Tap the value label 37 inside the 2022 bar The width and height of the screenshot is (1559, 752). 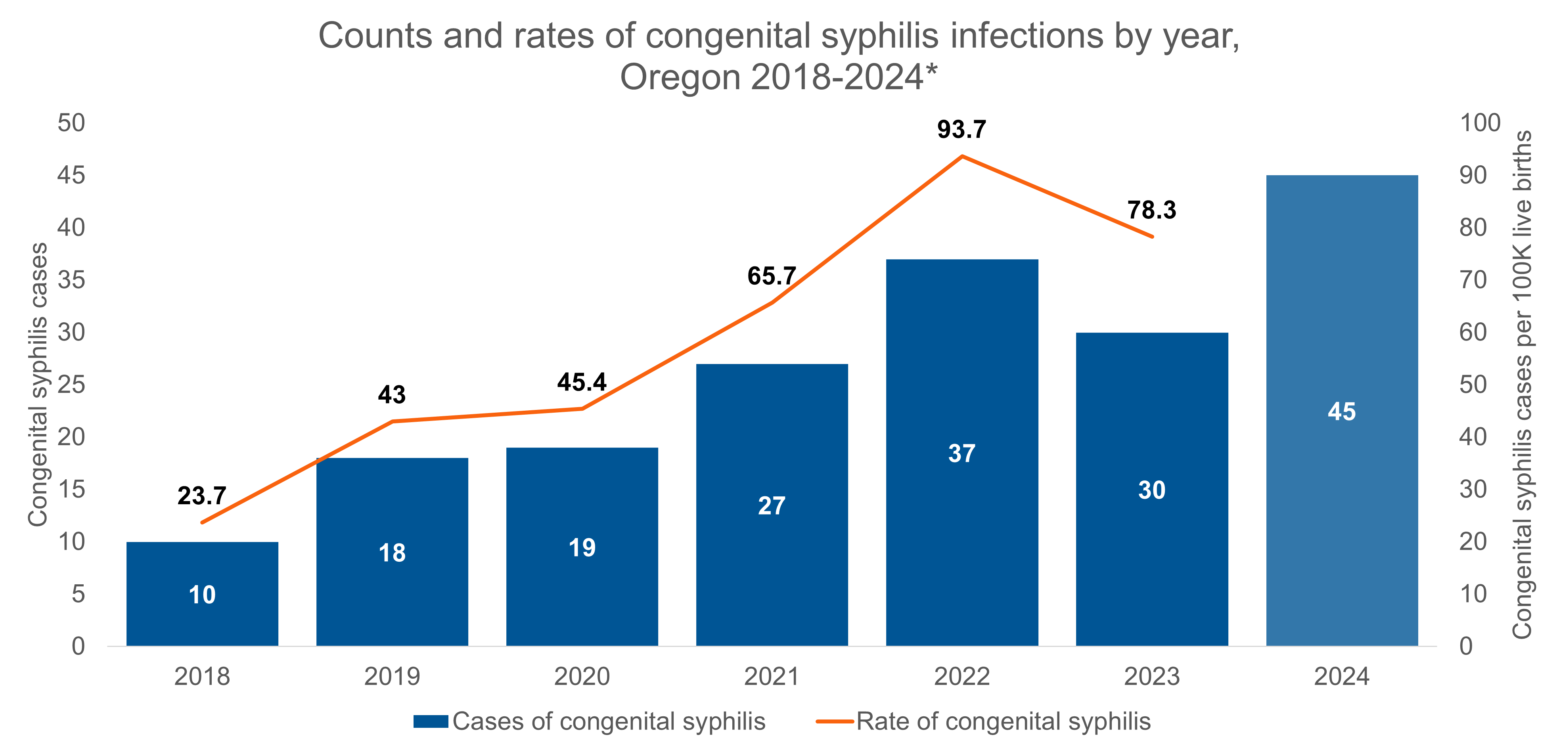[961, 453]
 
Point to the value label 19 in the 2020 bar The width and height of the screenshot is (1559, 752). [582, 547]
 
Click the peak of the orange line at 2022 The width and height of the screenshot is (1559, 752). [961, 156]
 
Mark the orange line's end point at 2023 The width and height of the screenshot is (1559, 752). [1152, 237]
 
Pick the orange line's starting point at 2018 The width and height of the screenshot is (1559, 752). [202, 522]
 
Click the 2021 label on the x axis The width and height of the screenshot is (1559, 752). [772, 676]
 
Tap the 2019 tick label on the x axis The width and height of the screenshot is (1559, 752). [392, 676]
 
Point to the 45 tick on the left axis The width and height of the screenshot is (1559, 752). [71, 176]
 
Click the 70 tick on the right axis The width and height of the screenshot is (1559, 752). [1473, 280]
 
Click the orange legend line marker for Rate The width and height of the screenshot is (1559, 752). [835, 721]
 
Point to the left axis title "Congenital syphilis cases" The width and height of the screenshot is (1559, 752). [38, 385]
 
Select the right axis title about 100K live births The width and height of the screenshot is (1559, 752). [1523, 385]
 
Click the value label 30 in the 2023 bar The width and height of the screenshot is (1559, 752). [1152, 490]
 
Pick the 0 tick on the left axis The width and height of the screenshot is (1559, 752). [78, 647]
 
